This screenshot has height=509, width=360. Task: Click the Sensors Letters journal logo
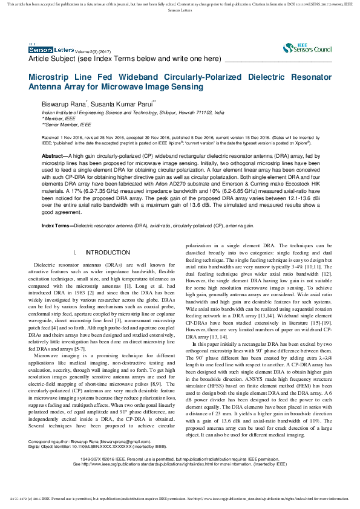[51, 50]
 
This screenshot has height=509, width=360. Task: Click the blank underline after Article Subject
[278, 59]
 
